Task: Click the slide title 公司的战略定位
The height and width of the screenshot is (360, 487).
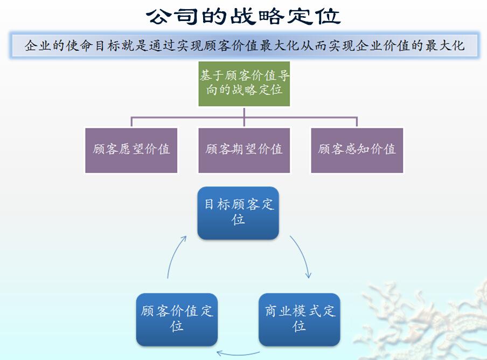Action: click(244, 16)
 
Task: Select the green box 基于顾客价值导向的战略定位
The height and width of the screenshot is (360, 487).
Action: click(244, 84)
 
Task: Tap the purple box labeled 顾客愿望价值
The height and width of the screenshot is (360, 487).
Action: click(131, 150)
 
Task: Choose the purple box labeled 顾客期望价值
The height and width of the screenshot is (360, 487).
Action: click(244, 150)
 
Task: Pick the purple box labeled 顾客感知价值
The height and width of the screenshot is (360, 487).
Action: click(357, 150)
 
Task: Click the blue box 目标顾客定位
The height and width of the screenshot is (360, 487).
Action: click(238, 213)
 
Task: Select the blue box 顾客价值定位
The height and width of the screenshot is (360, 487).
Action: click(177, 320)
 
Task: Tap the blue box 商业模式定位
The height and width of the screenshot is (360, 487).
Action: click(300, 320)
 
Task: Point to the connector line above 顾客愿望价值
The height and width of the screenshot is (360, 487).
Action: click(131, 121)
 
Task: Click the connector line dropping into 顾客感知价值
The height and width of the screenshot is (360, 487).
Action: click(357, 121)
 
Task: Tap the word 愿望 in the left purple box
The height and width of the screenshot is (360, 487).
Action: click(131, 149)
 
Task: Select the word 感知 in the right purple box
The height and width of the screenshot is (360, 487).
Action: click(357, 149)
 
